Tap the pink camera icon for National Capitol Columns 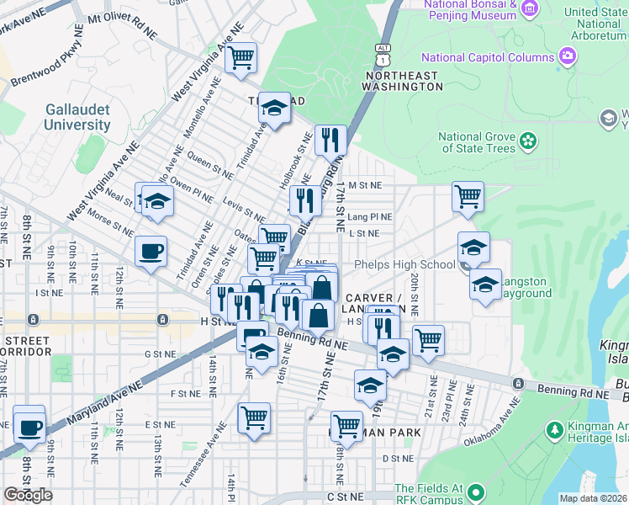pyautogui.click(x=568, y=57)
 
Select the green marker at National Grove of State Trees pyautogui.click(x=527, y=140)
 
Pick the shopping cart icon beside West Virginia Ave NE pyautogui.click(x=241, y=58)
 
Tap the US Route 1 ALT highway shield pyautogui.click(x=383, y=55)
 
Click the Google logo pyautogui.click(x=28, y=494)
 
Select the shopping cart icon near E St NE pyautogui.click(x=254, y=417)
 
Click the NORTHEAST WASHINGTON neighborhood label pyautogui.click(x=390, y=82)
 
